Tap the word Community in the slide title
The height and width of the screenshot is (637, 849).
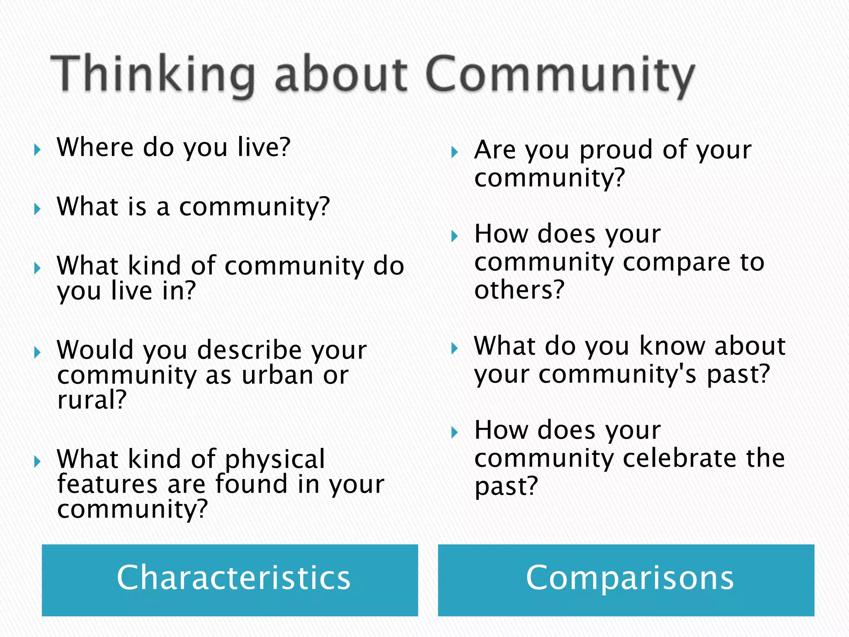pos(560,75)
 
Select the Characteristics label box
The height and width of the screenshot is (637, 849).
pos(230,579)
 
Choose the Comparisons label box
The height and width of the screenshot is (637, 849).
pos(626,579)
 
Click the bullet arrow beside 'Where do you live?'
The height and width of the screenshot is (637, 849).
pos(38,150)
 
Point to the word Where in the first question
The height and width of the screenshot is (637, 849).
pos(95,147)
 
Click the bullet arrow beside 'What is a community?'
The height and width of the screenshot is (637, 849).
pos(38,209)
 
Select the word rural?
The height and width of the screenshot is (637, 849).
pos(92,400)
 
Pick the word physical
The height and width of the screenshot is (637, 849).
pos(274,460)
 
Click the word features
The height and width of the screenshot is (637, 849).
pos(107,484)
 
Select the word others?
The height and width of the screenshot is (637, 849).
pos(519,289)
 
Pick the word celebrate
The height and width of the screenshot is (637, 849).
pos(680,458)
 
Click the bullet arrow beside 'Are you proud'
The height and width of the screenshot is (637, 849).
pos(455,152)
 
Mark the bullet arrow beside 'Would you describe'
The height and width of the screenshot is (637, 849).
pos(38,353)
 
